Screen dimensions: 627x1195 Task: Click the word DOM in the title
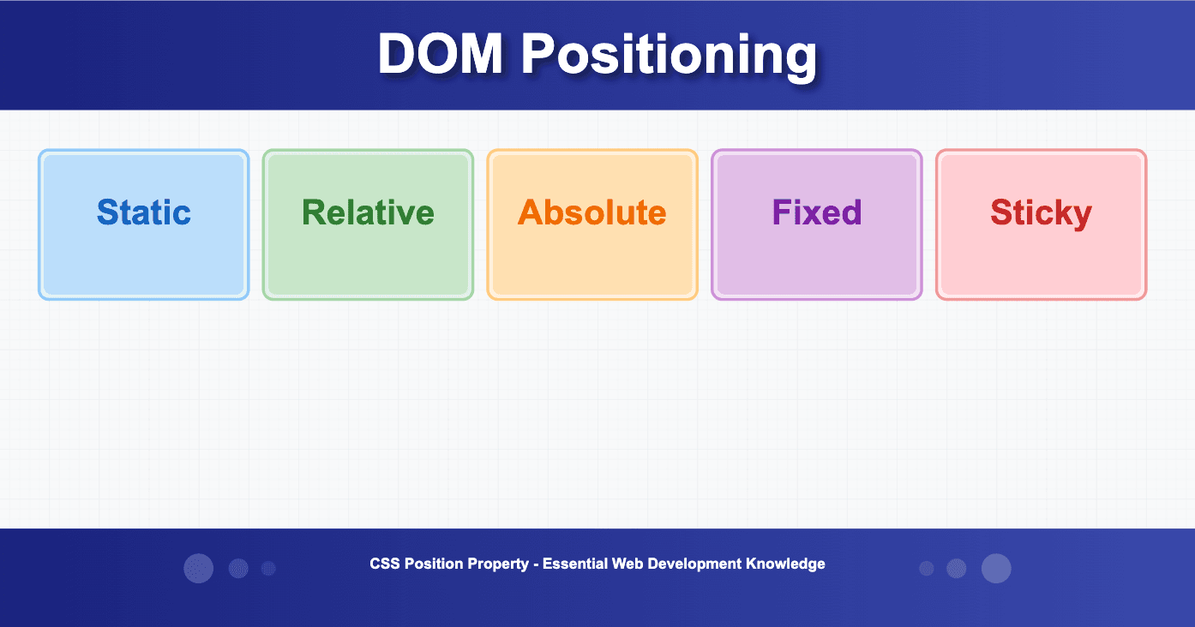click(440, 55)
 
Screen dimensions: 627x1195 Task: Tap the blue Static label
click(144, 212)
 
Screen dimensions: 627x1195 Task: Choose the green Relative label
click(368, 212)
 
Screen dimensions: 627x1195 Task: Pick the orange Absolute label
click(592, 212)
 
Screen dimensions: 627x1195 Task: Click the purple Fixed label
click(817, 212)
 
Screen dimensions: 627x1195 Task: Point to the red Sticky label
click(1041, 212)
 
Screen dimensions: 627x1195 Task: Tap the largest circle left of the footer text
click(199, 569)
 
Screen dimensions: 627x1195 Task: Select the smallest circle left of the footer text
click(268, 569)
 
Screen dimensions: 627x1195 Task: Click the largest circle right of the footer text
click(996, 569)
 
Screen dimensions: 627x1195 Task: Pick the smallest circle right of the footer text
click(927, 569)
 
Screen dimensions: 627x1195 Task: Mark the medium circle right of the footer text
click(957, 569)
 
